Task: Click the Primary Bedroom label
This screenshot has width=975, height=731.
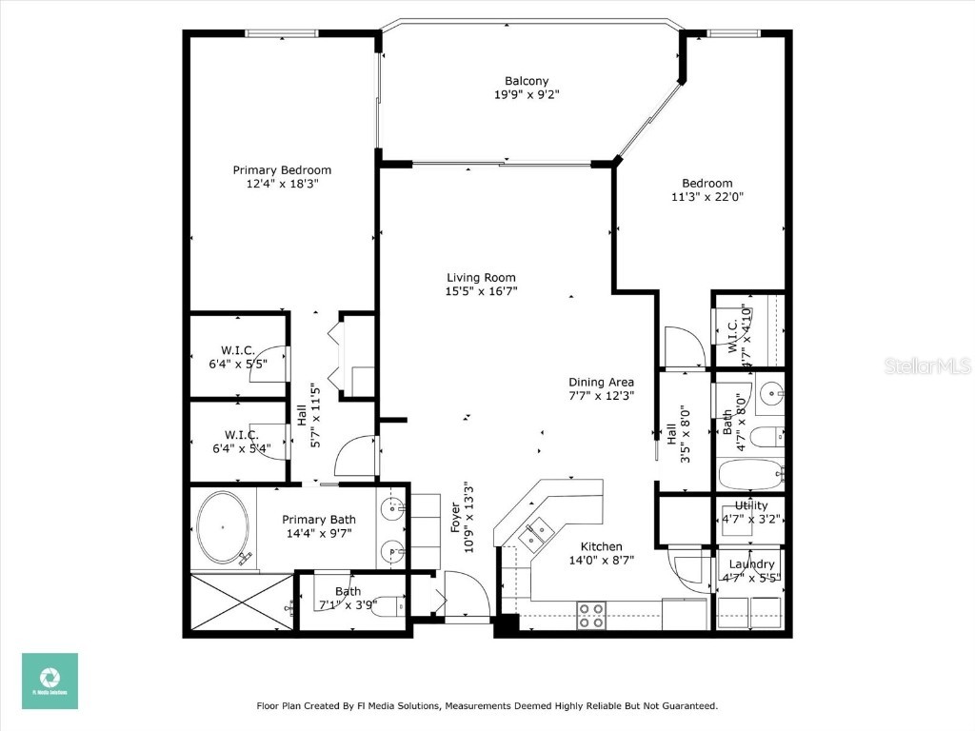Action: click(282, 170)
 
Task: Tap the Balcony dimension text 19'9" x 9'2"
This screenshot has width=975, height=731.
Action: click(527, 94)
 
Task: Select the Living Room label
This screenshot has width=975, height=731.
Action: click(481, 278)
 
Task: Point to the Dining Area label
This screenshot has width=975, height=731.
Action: click(601, 382)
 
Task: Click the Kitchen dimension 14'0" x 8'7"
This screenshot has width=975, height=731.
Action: click(602, 560)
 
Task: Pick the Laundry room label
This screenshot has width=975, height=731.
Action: click(751, 564)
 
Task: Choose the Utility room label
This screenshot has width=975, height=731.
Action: click(751, 505)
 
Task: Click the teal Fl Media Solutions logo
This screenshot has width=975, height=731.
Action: click(50, 681)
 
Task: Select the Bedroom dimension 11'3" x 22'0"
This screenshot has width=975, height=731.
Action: click(706, 197)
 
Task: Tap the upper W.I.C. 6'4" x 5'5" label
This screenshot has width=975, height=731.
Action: click(238, 350)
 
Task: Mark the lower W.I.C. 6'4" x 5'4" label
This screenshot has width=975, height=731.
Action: click(238, 435)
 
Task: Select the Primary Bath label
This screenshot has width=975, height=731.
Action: click(319, 520)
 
